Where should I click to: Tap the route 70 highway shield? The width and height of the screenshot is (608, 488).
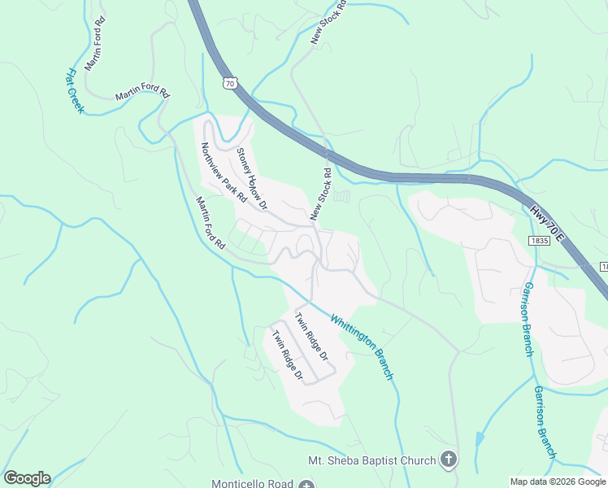pos(230,82)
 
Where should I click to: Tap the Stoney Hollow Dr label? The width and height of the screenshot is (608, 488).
pos(251,178)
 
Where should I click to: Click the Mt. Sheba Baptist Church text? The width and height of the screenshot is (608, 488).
pos(371,460)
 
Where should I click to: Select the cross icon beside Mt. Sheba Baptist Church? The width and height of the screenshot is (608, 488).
pos(448,460)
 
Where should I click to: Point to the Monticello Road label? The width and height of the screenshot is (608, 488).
pos(253,483)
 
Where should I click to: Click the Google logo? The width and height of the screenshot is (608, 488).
pos(27,478)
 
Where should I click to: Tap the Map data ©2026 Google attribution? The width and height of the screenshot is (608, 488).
pos(558,481)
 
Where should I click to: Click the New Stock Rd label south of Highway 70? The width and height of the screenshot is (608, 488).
pos(321,195)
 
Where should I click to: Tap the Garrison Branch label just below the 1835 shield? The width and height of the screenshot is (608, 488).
pos(528,320)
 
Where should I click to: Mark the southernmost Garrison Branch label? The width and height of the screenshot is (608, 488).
pos(545,421)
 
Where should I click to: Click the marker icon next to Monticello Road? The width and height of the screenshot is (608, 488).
pos(306,484)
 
